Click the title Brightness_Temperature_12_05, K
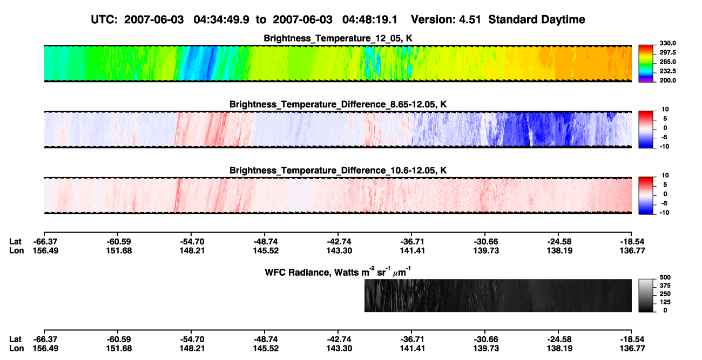338,38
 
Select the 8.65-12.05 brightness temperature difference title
338,104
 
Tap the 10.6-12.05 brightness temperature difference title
338,171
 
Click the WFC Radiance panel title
338,271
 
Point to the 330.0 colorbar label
667,43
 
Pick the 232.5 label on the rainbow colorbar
667,71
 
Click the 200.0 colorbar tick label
667,80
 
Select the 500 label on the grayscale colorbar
665,277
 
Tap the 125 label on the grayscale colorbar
665,302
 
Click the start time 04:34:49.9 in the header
221,20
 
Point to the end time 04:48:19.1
370,20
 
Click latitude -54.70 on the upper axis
192,242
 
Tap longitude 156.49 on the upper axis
45,250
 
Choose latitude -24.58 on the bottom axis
559,339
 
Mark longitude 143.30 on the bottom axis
339,349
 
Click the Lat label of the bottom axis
15,339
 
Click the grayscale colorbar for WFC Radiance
646,295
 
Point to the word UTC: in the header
104,20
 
